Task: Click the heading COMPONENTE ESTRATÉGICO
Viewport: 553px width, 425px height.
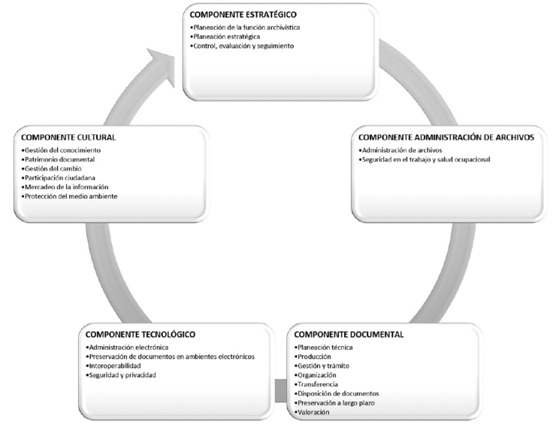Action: click(243, 14)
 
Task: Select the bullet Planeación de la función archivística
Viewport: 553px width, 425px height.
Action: click(245, 27)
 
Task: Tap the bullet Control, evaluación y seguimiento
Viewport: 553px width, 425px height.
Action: click(242, 46)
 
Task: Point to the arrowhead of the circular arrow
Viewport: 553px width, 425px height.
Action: click(162, 66)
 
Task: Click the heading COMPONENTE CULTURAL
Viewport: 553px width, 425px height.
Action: click(68, 137)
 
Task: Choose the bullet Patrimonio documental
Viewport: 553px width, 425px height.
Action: click(58, 159)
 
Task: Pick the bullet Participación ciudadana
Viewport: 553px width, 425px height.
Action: click(58, 178)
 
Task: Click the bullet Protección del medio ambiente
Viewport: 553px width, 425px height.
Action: click(69, 196)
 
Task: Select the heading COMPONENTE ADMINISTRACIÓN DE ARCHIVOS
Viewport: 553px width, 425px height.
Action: click(446, 137)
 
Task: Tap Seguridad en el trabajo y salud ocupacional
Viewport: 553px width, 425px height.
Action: click(425, 159)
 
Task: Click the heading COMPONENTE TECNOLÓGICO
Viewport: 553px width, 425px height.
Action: click(141, 334)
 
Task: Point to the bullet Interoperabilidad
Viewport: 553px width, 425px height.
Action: click(113, 366)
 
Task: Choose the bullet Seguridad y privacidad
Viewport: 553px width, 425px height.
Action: click(121, 375)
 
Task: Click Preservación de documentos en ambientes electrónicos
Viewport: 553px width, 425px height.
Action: click(170, 357)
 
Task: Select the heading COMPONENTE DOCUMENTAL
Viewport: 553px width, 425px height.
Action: click(349, 334)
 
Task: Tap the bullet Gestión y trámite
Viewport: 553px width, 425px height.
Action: click(322, 366)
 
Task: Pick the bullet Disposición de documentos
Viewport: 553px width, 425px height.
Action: click(337, 393)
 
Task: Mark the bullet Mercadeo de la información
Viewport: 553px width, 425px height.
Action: click(65, 187)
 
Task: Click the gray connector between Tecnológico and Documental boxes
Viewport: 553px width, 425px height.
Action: click(281, 390)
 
